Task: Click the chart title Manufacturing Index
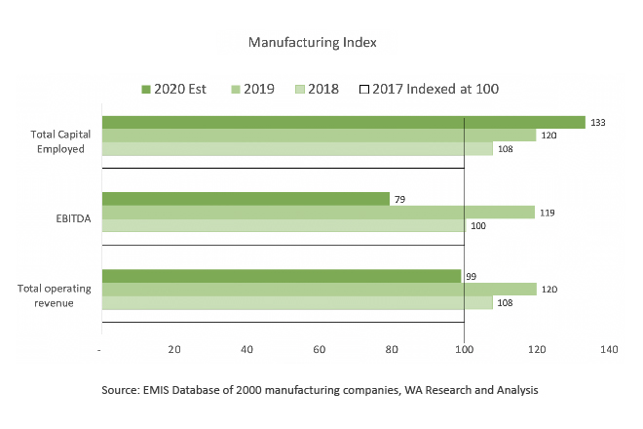(312, 43)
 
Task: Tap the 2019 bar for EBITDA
(318, 213)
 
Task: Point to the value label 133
(599, 123)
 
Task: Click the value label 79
(398, 199)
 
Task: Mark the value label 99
(472, 276)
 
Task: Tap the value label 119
(548, 213)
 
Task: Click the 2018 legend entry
(317, 89)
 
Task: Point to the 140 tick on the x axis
(610, 349)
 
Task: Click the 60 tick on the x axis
(319, 349)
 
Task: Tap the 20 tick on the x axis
(174, 349)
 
